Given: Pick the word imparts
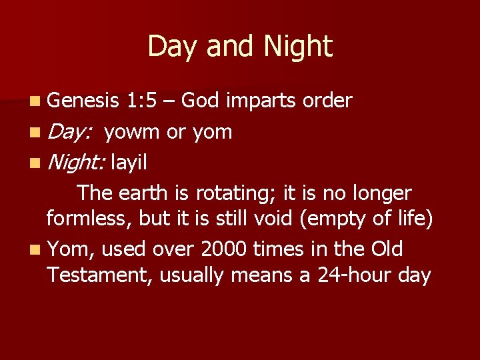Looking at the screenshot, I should coord(261,101).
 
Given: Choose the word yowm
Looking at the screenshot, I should coord(131,132).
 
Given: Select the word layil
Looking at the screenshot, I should coord(129,162).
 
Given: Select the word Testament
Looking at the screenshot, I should coord(100,275).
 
